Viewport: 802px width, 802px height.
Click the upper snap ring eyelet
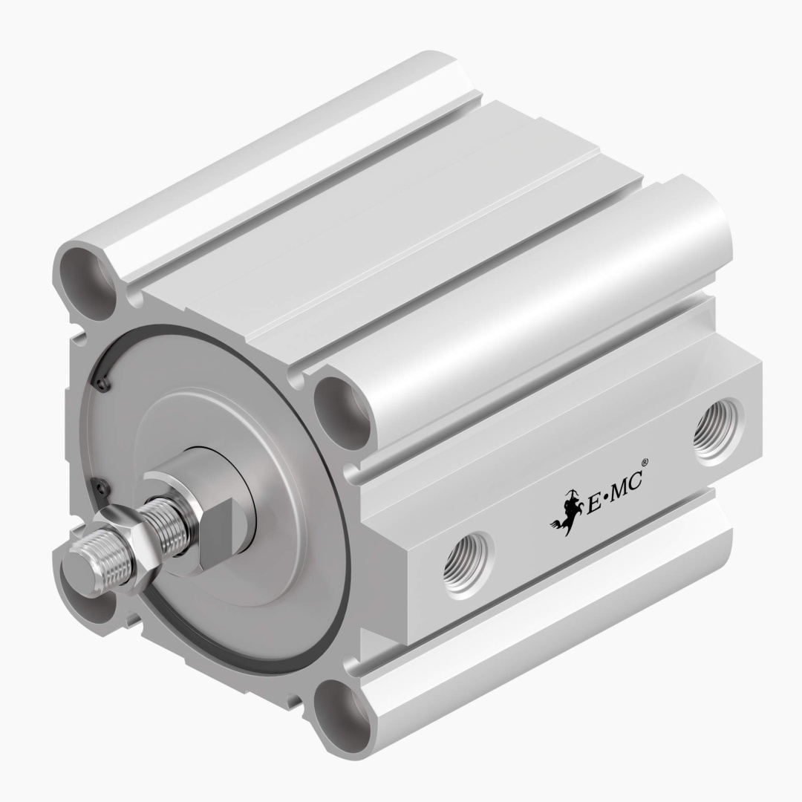101,383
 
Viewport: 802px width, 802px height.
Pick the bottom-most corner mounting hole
341,717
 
